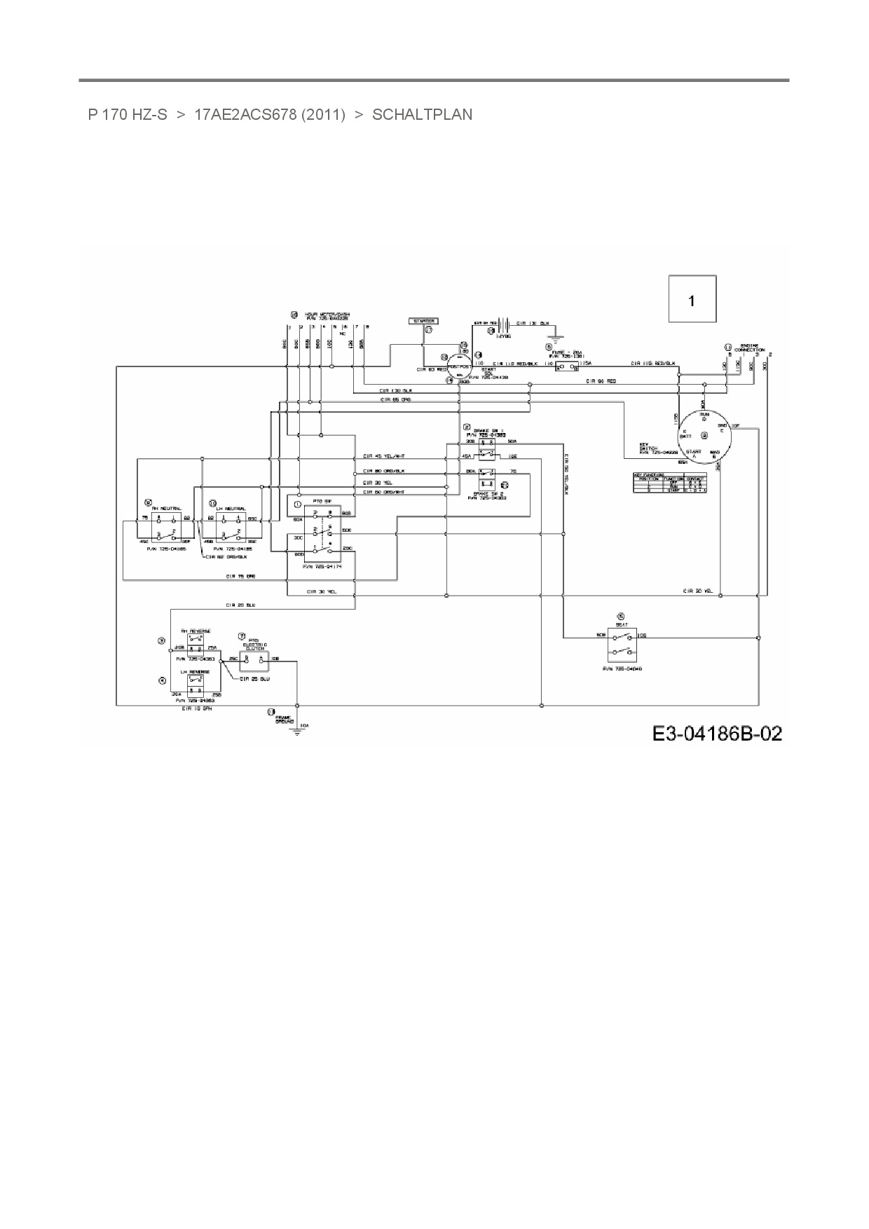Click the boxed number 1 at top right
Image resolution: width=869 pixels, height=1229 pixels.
click(x=692, y=300)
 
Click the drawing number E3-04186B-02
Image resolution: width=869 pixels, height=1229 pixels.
click(x=717, y=734)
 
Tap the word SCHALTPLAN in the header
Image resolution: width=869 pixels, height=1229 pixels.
click(x=422, y=114)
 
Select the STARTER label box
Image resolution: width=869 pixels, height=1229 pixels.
click(x=423, y=321)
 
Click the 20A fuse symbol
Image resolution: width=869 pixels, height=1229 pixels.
click(x=566, y=365)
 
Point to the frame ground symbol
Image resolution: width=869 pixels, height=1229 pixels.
click(x=298, y=731)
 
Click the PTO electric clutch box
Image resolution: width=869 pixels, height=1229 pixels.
click(x=254, y=659)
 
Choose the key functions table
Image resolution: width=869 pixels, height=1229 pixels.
click(x=669, y=483)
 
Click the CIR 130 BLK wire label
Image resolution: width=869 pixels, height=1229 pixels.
click(x=396, y=390)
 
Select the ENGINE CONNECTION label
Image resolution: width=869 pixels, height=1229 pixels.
click(x=748, y=348)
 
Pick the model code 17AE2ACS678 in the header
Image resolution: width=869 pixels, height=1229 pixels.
click(x=270, y=114)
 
